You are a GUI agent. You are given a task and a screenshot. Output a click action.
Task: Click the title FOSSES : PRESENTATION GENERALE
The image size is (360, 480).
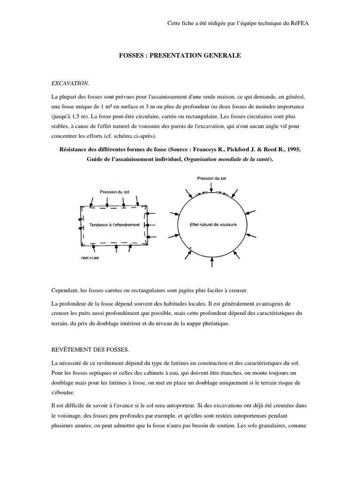(180, 55)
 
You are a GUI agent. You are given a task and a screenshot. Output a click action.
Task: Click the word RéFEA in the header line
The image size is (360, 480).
(299, 22)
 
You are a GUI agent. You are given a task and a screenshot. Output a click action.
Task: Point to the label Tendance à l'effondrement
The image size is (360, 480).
(114, 225)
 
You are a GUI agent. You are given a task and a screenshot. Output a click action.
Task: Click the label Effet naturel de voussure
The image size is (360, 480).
(213, 224)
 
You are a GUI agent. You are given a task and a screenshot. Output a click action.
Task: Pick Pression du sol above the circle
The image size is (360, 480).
(211, 178)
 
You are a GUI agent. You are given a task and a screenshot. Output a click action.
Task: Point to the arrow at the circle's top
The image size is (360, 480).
(212, 187)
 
